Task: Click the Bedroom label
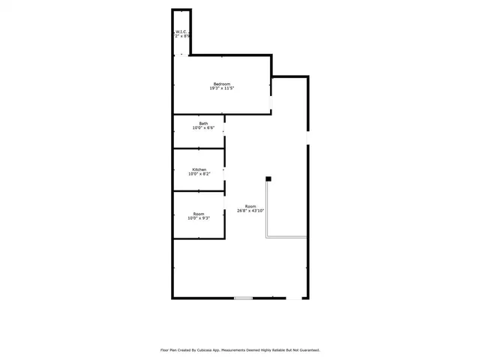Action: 221,83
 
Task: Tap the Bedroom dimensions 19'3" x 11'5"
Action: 221,88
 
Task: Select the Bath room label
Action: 203,123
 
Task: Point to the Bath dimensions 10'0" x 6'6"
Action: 203,128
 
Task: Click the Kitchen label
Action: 199,169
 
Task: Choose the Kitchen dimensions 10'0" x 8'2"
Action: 199,174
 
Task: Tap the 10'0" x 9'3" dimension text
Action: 199,218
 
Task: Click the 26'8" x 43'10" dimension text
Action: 250,211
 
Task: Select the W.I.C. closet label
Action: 181,31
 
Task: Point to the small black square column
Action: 268,178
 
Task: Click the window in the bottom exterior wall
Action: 243,298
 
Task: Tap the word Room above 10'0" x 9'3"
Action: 199,214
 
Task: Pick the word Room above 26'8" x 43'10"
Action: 250,206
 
